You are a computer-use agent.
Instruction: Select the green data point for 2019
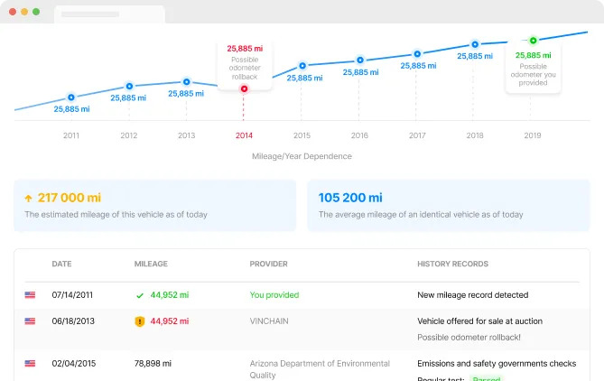533,40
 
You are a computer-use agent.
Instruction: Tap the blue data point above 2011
71,97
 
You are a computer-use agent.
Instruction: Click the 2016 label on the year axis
359,135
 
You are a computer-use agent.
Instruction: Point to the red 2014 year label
244,135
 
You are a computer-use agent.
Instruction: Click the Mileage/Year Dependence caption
302,156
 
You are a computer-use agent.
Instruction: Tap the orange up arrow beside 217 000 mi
28,198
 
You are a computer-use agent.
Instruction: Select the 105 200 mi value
350,198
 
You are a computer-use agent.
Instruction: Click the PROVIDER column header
269,265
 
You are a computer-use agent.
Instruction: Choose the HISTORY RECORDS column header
452,265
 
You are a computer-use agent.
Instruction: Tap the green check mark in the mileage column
139,294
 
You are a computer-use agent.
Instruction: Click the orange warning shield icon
139,321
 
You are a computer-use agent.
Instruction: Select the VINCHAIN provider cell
271,321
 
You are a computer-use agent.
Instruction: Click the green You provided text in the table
274,294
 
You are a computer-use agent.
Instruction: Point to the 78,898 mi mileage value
153,364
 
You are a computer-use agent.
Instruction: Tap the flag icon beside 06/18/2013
30,321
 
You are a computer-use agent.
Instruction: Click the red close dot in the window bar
12,12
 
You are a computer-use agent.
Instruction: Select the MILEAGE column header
151,265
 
